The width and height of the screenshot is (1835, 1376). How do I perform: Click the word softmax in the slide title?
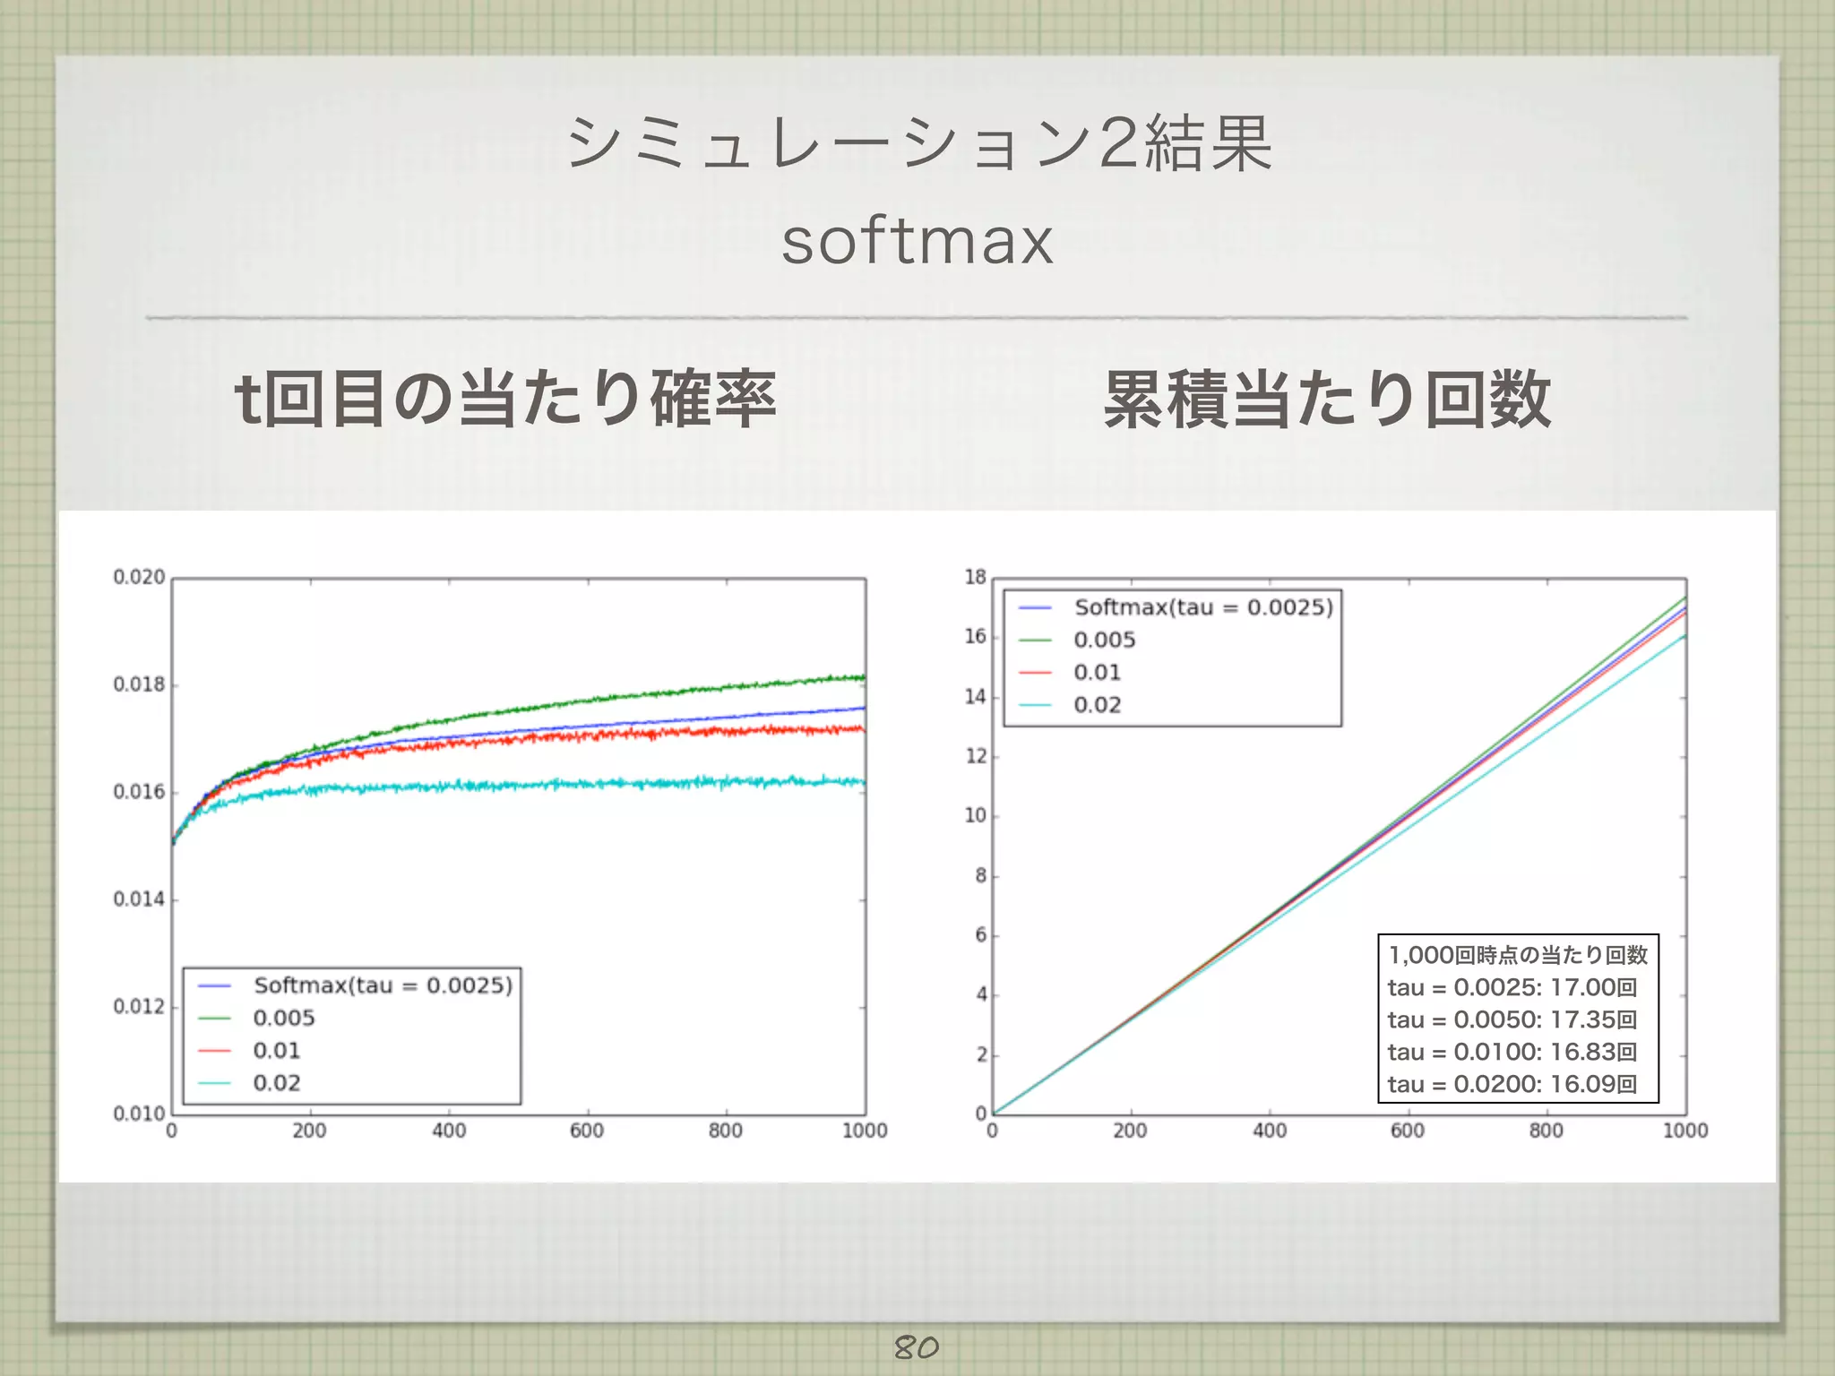pos(917,241)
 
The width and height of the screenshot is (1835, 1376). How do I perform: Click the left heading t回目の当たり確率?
pos(504,400)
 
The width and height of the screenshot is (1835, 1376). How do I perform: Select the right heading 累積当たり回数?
pos(1327,400)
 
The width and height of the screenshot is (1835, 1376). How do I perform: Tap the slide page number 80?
pos(916,1346)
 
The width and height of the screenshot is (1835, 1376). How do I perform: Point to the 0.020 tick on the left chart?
pos(139,577)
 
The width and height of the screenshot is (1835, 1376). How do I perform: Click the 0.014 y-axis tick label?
pos(139,899)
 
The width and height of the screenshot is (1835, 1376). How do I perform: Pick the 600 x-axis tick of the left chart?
pos(587,1131)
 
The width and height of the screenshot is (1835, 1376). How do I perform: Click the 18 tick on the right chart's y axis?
pos(975,577)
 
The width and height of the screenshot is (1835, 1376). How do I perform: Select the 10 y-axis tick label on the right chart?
pos(975,816)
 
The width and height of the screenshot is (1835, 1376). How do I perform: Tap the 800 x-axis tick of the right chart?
pos(1546,1131)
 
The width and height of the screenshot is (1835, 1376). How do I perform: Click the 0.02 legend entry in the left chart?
pos(276,1083)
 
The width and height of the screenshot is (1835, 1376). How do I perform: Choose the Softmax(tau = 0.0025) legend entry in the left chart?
pos(383,985)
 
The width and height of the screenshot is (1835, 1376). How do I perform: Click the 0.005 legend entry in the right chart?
pos(1104,640)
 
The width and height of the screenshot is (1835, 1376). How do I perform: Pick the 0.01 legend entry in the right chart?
pos(1097,672)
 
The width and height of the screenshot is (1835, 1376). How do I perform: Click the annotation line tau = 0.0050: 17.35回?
pos(1512,1019)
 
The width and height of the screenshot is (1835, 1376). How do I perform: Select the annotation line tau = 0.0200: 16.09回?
pos(1512,1084)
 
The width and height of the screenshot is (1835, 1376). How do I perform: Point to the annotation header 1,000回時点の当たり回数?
pos(1518,955)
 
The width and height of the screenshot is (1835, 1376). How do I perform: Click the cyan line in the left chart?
pos(538,785)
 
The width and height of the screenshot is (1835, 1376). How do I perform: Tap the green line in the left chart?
pos(627,698)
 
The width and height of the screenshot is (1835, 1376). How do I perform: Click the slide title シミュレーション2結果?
pos(918,143)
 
